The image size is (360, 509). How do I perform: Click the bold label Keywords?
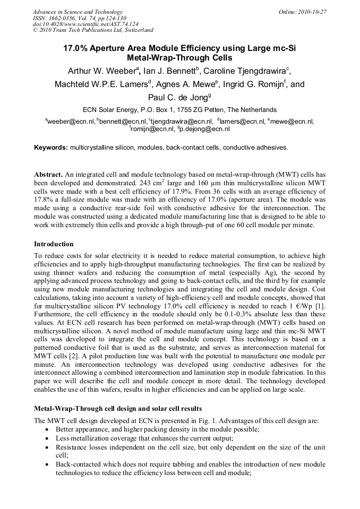(51, 148)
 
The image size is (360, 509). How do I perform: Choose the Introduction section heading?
(54, 244)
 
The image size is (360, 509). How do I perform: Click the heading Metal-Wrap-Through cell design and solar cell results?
(118, 409)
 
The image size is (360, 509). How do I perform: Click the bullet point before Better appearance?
(48, 429)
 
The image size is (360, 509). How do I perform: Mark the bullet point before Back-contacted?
(48, 464)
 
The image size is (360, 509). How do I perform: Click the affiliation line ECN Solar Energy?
(179, 110)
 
